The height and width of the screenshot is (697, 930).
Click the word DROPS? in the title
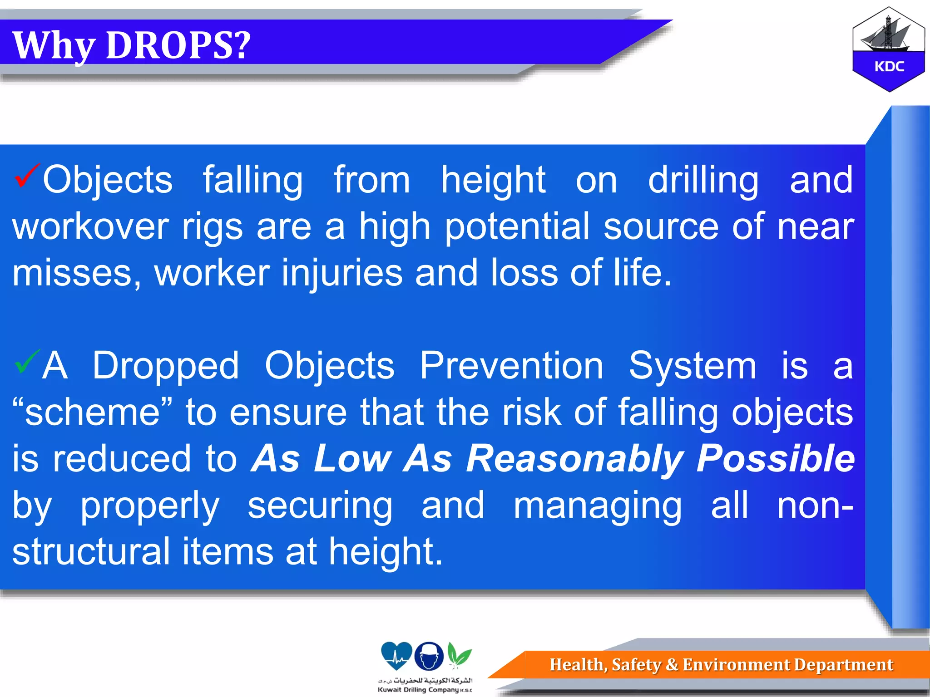[178, 45]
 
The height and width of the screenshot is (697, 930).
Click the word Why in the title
[54, 46]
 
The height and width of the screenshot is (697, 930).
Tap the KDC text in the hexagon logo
[889, 67]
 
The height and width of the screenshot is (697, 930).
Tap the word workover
[90, 226]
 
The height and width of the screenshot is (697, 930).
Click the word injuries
[342, 273]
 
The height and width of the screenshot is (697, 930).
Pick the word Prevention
[511, 366]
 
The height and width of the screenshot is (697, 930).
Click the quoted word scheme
[93, 412]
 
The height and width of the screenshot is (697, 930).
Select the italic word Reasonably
[574, 459]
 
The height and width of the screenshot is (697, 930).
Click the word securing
[320, 506]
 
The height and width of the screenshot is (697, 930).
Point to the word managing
[597, 506]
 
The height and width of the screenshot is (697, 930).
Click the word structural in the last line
[90, 552]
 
